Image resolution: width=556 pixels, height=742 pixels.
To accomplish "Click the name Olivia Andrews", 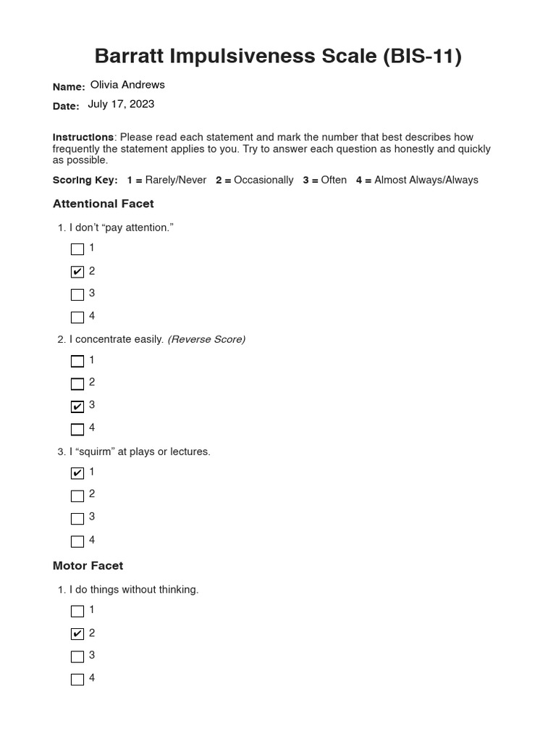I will [x=127, y=85].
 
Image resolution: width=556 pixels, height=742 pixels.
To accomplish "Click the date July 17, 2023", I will [x=121, y=104].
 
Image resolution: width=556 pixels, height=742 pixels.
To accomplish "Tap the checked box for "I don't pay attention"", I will [x=77, y=272].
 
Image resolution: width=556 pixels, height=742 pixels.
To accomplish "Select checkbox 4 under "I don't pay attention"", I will [x=77, y=317].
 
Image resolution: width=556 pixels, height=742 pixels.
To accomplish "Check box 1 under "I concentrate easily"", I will [x=77, y=361].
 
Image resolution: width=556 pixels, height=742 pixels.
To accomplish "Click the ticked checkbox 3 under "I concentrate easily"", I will [x=77, y=407].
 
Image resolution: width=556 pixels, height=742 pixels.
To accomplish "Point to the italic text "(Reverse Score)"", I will [x=206, y=339].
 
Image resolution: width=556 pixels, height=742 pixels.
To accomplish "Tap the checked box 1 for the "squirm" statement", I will [x=77, y=473].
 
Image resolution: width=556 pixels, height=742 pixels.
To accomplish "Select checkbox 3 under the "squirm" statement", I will [x=77, y=519].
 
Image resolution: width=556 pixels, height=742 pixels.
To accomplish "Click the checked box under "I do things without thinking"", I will [x=77, y=634].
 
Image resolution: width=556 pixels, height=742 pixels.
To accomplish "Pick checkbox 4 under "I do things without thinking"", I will [x=77, y=680].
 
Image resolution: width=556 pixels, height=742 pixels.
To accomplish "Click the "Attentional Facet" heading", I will [x=103, y=204].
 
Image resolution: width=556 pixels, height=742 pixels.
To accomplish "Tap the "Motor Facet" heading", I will [x=88, y=565].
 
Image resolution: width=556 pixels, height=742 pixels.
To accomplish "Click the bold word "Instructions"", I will [x=83, y=137].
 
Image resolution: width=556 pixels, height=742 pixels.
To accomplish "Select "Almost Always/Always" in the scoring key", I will [x=426, y=180].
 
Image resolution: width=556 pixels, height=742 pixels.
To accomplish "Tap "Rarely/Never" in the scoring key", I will [x=175, y=180].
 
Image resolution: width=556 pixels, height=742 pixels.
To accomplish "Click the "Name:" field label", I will [x=69, y=87].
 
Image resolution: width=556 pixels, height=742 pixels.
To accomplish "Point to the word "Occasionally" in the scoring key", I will [x=264, y=180].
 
